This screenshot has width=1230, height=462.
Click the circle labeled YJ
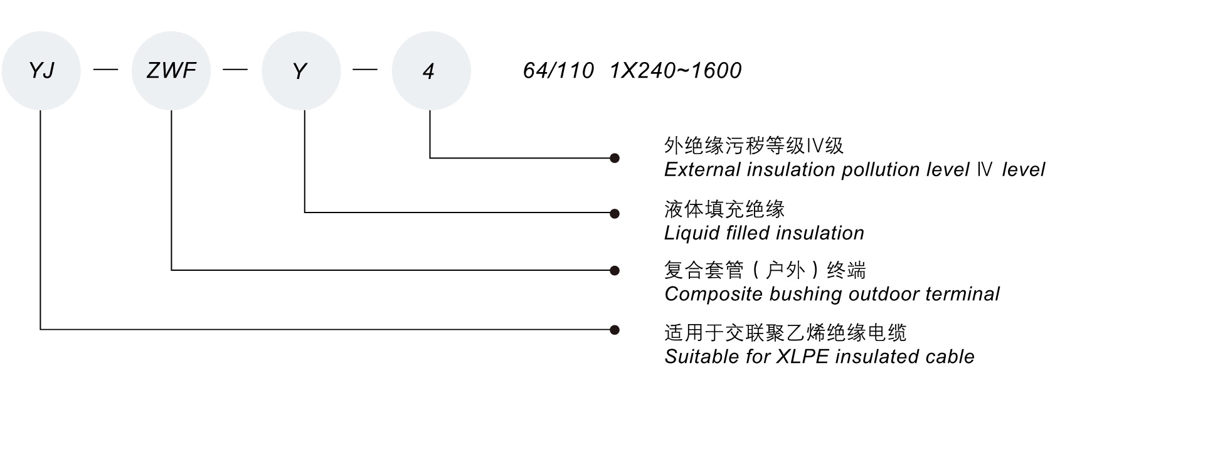pyautogui.click(x=41, y=71)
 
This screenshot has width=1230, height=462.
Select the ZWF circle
pyautogui.click(x=171, y=71)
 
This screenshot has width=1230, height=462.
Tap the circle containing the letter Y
pyautogui.click(x=301, y=71)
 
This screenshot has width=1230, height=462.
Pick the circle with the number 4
pyautogui.click(x=431, y=71)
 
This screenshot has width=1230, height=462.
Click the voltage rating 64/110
pyautogui.click(x=558, y=71)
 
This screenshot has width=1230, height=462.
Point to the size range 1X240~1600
pyautogui.click(x=676, y=71)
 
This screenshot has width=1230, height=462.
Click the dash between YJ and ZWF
pyautogui.click(x=105, y=70)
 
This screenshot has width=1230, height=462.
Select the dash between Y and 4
pyautogui.click(x=365, y=70)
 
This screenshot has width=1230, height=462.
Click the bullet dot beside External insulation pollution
pyautogui.click(x=615, y=158)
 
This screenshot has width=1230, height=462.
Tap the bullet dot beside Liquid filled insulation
pyautogui.click(x=615, y=213)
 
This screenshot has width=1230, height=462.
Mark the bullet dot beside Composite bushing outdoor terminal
pyautogui.click(x=615, y=270)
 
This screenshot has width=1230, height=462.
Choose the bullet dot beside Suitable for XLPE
pyautogui.click(x=615, y=329)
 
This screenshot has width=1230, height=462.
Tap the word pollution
pyautogui.click(x=883, y=170)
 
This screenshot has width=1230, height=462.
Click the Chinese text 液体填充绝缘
pyautogui.click(x=724, y=209)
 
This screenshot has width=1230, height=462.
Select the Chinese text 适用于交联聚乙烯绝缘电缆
pyautogui.click(x=785, y=332)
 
